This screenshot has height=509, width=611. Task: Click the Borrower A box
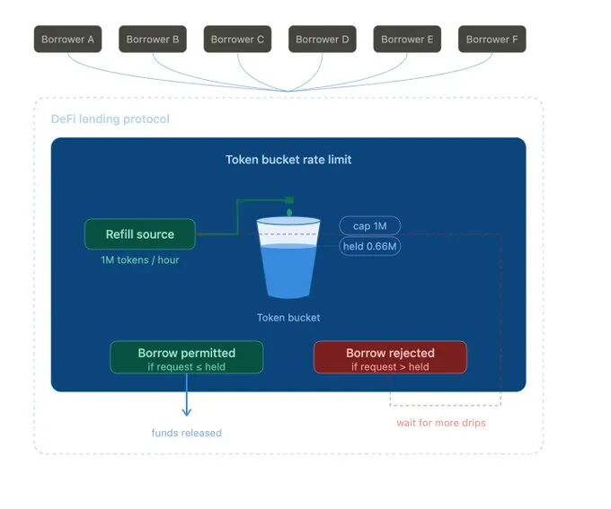tap(68, 39)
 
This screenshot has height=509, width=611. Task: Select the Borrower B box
tap(153, 39)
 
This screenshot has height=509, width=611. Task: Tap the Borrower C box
tap(237, 39)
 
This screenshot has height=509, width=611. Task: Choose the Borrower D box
tap(323, 39)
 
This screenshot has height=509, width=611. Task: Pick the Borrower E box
tap(407, 39)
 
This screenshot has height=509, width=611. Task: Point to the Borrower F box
tap(491, 39)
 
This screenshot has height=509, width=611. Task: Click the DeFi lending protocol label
tap(111, 119)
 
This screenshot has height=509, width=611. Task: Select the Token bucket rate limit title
tap(288, 160)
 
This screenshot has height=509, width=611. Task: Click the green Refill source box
tap(139, 234)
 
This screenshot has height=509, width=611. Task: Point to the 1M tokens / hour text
tap(139, 261)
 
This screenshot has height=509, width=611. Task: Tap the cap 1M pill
tap(369, 226)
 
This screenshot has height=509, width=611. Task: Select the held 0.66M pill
tap(369, 246)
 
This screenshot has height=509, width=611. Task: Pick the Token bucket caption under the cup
tap(288, 318)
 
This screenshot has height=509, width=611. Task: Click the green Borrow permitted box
tap(187, 357)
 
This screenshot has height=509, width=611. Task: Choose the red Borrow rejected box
tap(390, 357)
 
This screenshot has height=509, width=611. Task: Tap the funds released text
tap(187, 433)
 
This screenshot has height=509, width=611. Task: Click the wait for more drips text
tap(441, 423)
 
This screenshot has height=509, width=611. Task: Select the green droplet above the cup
tap(288, 213)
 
